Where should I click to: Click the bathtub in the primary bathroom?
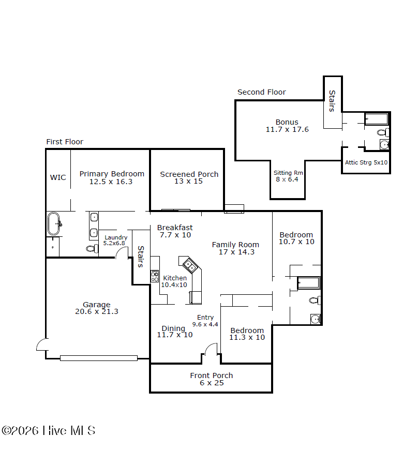(x=54, y=223)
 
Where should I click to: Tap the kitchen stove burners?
(x=155, y=276)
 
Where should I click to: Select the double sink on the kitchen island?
(x=189, y=265)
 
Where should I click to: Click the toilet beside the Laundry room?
(x=92, y=248)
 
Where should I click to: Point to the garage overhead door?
(x=99, y=358)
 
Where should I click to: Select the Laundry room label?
(x=116, y=237)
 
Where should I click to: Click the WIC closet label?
(x=58, y=177)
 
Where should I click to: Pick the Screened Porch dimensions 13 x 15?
(x=188, y=181)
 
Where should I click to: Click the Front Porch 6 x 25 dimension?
(x=212, y=383)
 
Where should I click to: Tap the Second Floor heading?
(x=261, y=92)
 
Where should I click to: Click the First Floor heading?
(x=65, y=142)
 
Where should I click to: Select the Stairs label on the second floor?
(x=332, y=101)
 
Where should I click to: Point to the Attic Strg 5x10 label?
(x=366, y=162)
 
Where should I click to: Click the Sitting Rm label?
(x=288, y=173)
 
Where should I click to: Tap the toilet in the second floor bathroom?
(x=383, y=132)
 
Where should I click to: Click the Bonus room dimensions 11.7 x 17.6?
(x=287, y=129)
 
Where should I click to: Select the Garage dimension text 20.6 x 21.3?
(x=97, y=311)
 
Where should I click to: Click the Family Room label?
(x=235, y=245)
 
